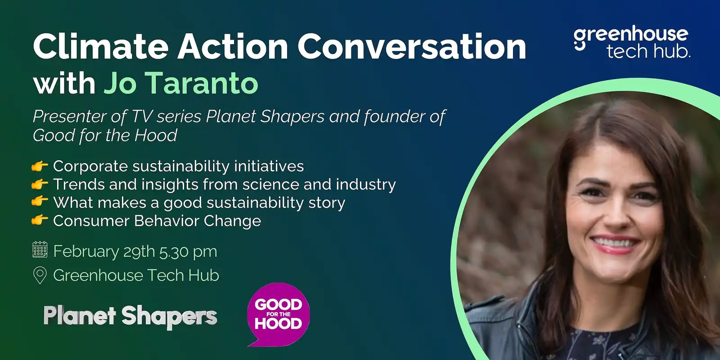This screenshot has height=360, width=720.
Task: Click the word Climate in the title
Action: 100,46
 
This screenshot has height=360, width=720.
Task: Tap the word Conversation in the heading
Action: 411,46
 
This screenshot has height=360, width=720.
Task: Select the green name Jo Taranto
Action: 181,83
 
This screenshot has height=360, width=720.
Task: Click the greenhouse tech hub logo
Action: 631,43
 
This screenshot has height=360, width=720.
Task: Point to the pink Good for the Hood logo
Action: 278,314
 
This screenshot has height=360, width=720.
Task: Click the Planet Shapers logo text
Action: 130,316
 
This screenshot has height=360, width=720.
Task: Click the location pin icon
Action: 40,275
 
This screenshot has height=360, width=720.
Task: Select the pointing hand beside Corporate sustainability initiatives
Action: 40,166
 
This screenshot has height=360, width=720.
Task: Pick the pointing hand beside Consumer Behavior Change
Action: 40,220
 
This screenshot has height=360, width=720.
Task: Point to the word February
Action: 85,251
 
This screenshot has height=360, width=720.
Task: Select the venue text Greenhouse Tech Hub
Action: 136,275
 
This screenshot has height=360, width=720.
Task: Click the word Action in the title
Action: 232,46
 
